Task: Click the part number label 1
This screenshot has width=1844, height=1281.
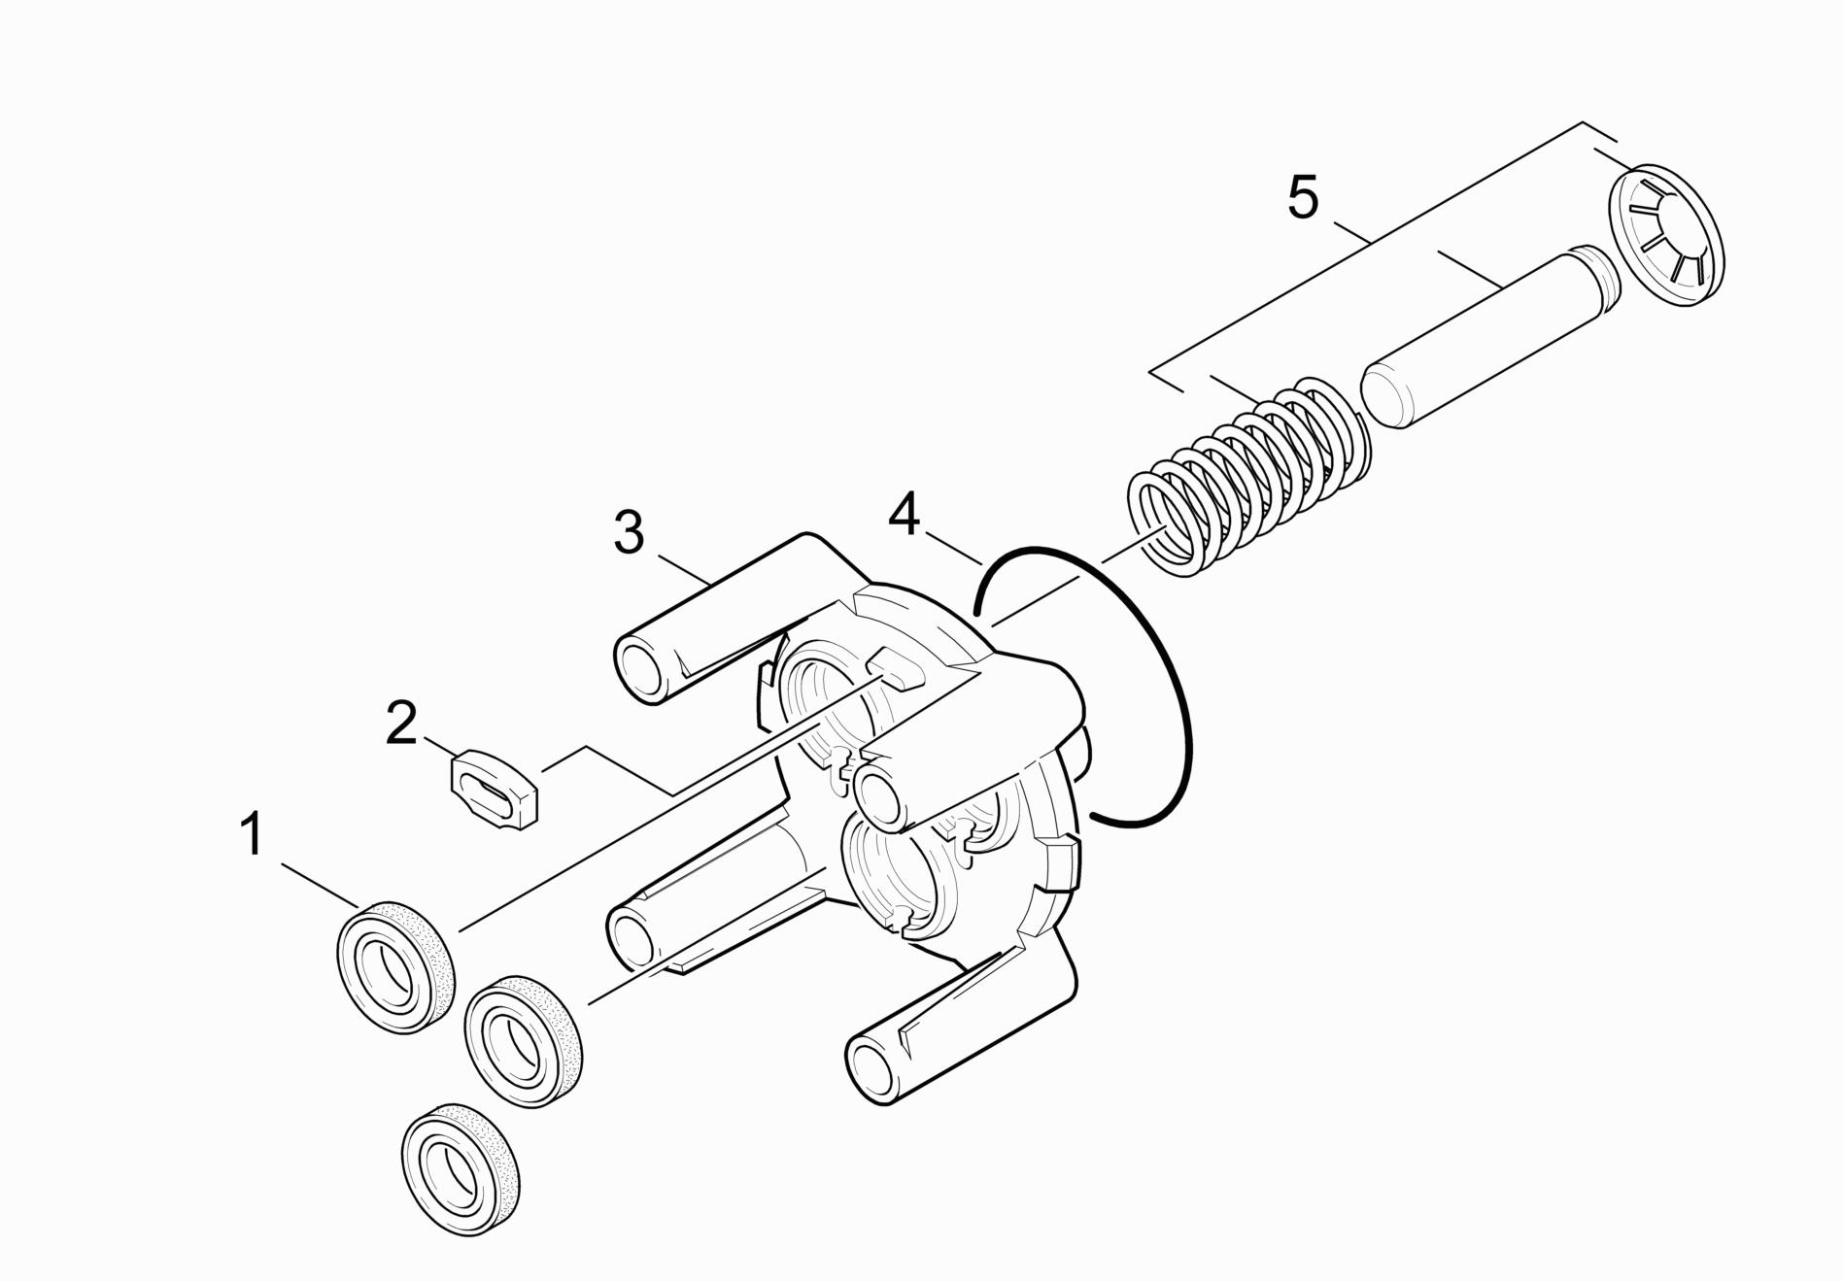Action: pyautogui.click(x=253, y=836)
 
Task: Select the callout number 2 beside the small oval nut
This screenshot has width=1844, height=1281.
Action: pyautogui.click(x=401, y=724)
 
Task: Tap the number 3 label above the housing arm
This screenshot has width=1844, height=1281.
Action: pyautogui.click(x=630, y=532)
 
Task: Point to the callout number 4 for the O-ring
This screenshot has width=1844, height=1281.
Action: pyautogui.click(x=905, y=515)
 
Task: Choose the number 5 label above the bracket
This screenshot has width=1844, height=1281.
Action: pyautogui.click(x=1303, y=197)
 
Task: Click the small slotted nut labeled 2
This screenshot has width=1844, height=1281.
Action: pyautogui.click(x=495, y=788)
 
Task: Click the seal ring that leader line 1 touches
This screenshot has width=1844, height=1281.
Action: pyautogui.click(x=396, y=965)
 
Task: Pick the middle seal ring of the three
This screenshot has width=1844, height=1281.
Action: pyautogui.click(x=525, y=1042)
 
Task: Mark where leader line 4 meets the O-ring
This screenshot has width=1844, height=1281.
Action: pyautogui.click(x=983, y=564)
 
